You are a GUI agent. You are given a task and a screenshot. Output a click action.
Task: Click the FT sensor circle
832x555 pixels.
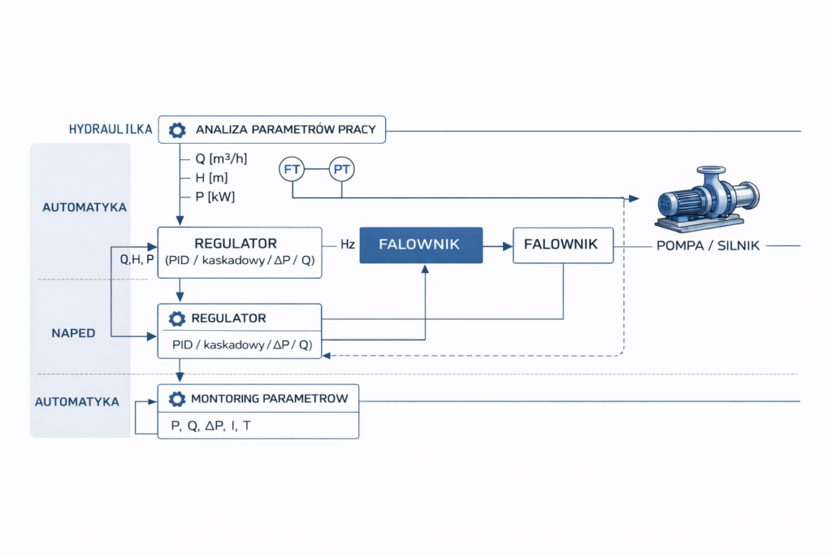[292, 170]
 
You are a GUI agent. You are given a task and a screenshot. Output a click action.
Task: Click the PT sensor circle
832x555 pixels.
[342, 170]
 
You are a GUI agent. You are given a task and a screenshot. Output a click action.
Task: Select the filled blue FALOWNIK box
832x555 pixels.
[421, 244]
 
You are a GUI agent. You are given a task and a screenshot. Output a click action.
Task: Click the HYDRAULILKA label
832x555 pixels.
[111, 129]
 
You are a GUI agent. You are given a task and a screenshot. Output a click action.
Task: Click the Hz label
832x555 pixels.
[346, 244]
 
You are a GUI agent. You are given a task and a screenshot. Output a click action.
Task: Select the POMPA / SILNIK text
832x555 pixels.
[708, 245]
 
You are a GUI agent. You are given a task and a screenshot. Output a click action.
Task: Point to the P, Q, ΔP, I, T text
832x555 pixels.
[211, 426]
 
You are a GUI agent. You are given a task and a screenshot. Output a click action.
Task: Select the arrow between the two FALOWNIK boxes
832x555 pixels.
[498, 244]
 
